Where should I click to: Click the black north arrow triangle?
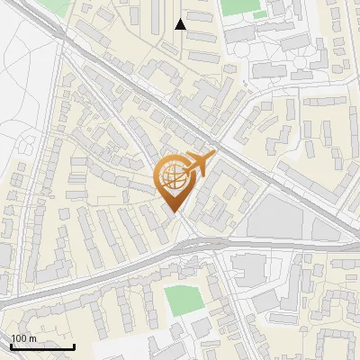click(180, 24)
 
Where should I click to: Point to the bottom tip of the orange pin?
click(175, 212)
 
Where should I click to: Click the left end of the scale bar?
click(11, 346)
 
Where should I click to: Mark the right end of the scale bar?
click(74, 346)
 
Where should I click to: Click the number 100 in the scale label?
click(19, 337)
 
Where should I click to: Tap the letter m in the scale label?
click(31, 337)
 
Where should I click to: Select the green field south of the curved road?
click(183, 300)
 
